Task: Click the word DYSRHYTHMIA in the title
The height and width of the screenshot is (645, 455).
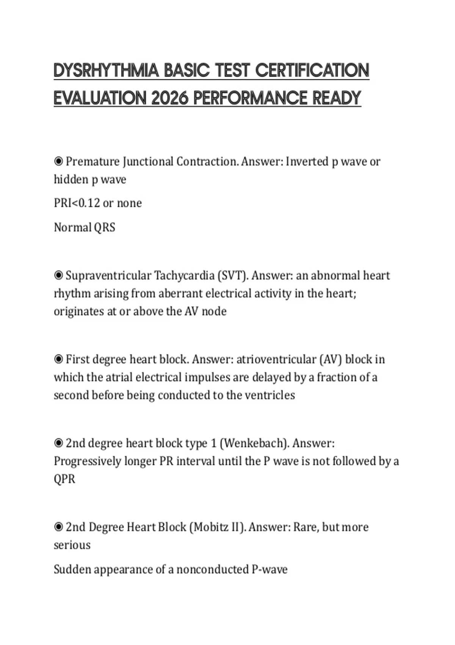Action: (106, 71)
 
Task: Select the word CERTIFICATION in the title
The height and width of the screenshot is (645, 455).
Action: (312, 71)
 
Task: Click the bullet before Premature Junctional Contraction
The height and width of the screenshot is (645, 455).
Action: (58, 162)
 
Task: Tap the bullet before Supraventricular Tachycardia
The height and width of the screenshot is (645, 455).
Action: (58, 275)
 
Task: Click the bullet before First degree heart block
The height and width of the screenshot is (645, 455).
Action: (58, 359)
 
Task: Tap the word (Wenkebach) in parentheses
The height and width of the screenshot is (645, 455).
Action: (254, 443)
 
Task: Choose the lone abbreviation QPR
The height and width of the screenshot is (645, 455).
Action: (64, 479)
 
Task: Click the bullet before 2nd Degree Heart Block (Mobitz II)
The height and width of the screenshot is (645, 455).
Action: (58, 527)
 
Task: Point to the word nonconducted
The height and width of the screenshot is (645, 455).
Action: (212, 569)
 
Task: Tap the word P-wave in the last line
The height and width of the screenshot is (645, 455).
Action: (270, 569)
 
